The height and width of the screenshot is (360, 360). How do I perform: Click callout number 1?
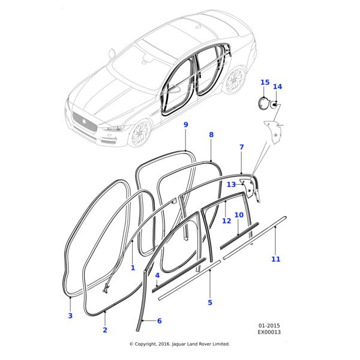133,268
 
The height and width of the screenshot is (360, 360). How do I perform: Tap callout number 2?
105,330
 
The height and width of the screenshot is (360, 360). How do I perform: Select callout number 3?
70,316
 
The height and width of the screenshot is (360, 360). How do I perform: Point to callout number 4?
157,275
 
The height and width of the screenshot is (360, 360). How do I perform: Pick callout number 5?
210,302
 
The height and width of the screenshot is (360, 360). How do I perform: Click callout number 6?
159,321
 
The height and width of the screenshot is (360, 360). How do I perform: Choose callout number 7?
241,147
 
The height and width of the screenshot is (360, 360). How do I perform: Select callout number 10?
239,215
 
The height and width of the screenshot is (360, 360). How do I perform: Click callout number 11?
275,259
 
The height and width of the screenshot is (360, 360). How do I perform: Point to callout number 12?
226,221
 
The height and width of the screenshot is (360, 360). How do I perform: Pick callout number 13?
231,185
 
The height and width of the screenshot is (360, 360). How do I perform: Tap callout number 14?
277,87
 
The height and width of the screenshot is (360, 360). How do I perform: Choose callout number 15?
265,82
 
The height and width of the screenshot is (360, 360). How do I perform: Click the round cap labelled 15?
265,103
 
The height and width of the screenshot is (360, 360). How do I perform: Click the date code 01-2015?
270,325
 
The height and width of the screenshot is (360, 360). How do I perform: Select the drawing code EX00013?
270,332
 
